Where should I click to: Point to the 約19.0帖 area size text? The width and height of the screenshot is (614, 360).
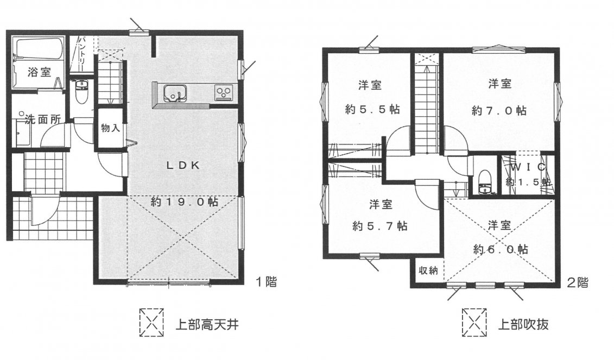pyautogui.click(x=185, y=201)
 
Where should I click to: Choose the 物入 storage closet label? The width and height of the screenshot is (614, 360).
pyautogui.click(x=110, y=128)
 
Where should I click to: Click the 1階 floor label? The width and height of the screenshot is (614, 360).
pyautogui.click(x=267, y=282)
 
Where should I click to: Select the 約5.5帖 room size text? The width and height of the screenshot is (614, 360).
pyautogui.click(x=372, y=109)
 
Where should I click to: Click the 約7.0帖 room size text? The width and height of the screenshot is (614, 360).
pyautogui.click(x=498, y=110)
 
